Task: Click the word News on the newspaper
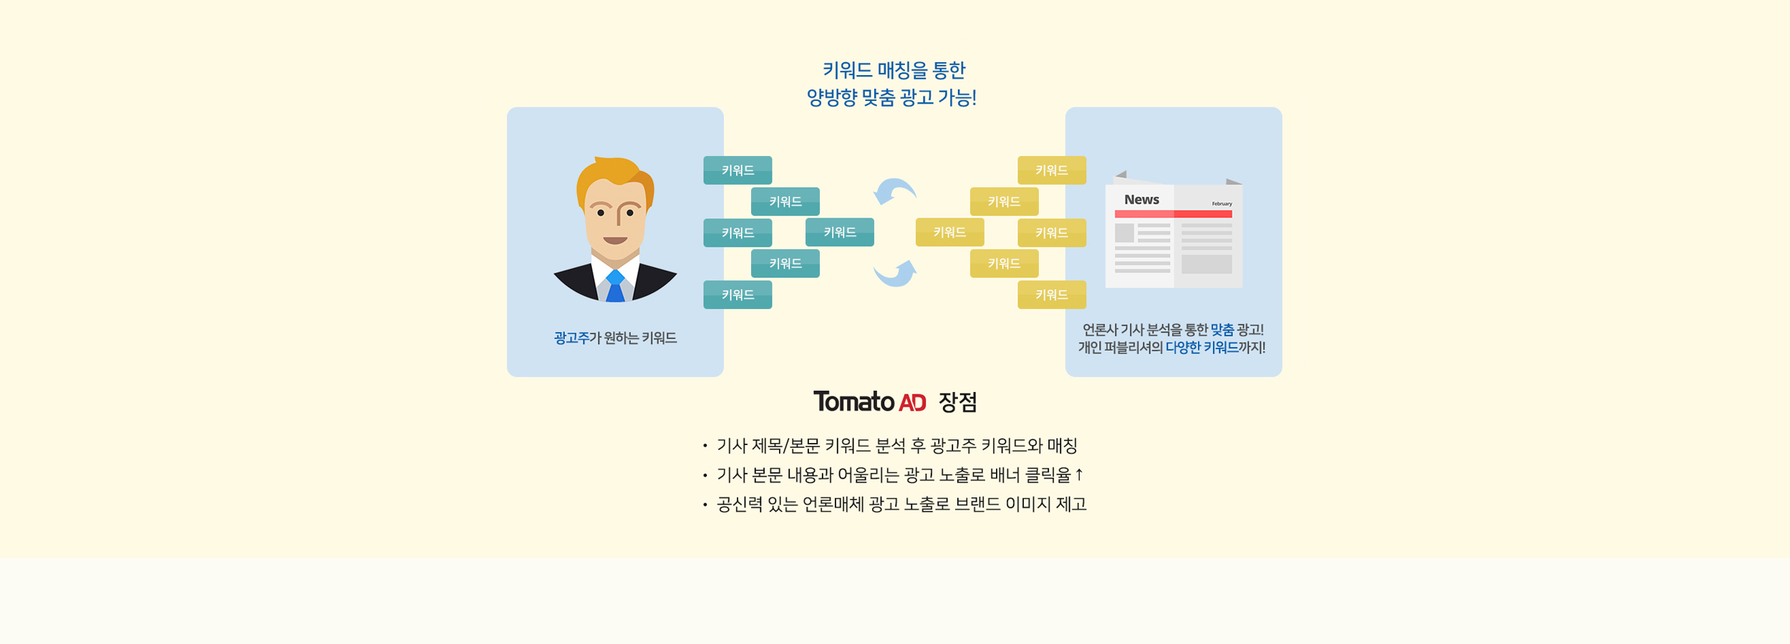(x=1141, y=200)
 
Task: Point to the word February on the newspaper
(x=1221, y=204)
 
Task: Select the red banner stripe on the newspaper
(x=1173, y=214)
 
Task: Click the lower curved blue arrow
(x=895, y=273)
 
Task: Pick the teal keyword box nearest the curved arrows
(x=839, y=232)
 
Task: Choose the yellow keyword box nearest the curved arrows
(x=949, y=232)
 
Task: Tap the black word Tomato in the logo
(x=853, y=401)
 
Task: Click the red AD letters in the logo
(x=912, y=403)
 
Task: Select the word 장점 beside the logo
(x=957, y=402)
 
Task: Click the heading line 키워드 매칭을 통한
(x=894, y=70)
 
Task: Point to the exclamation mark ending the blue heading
(x=973, y=98)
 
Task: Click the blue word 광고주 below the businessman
(x=571, y=338)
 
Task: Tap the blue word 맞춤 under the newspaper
(x=1221, y=330)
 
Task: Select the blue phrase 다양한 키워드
(x=1201, y=348)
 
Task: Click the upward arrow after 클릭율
(x=1079, y=474)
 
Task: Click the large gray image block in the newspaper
(x=1206, y=264)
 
